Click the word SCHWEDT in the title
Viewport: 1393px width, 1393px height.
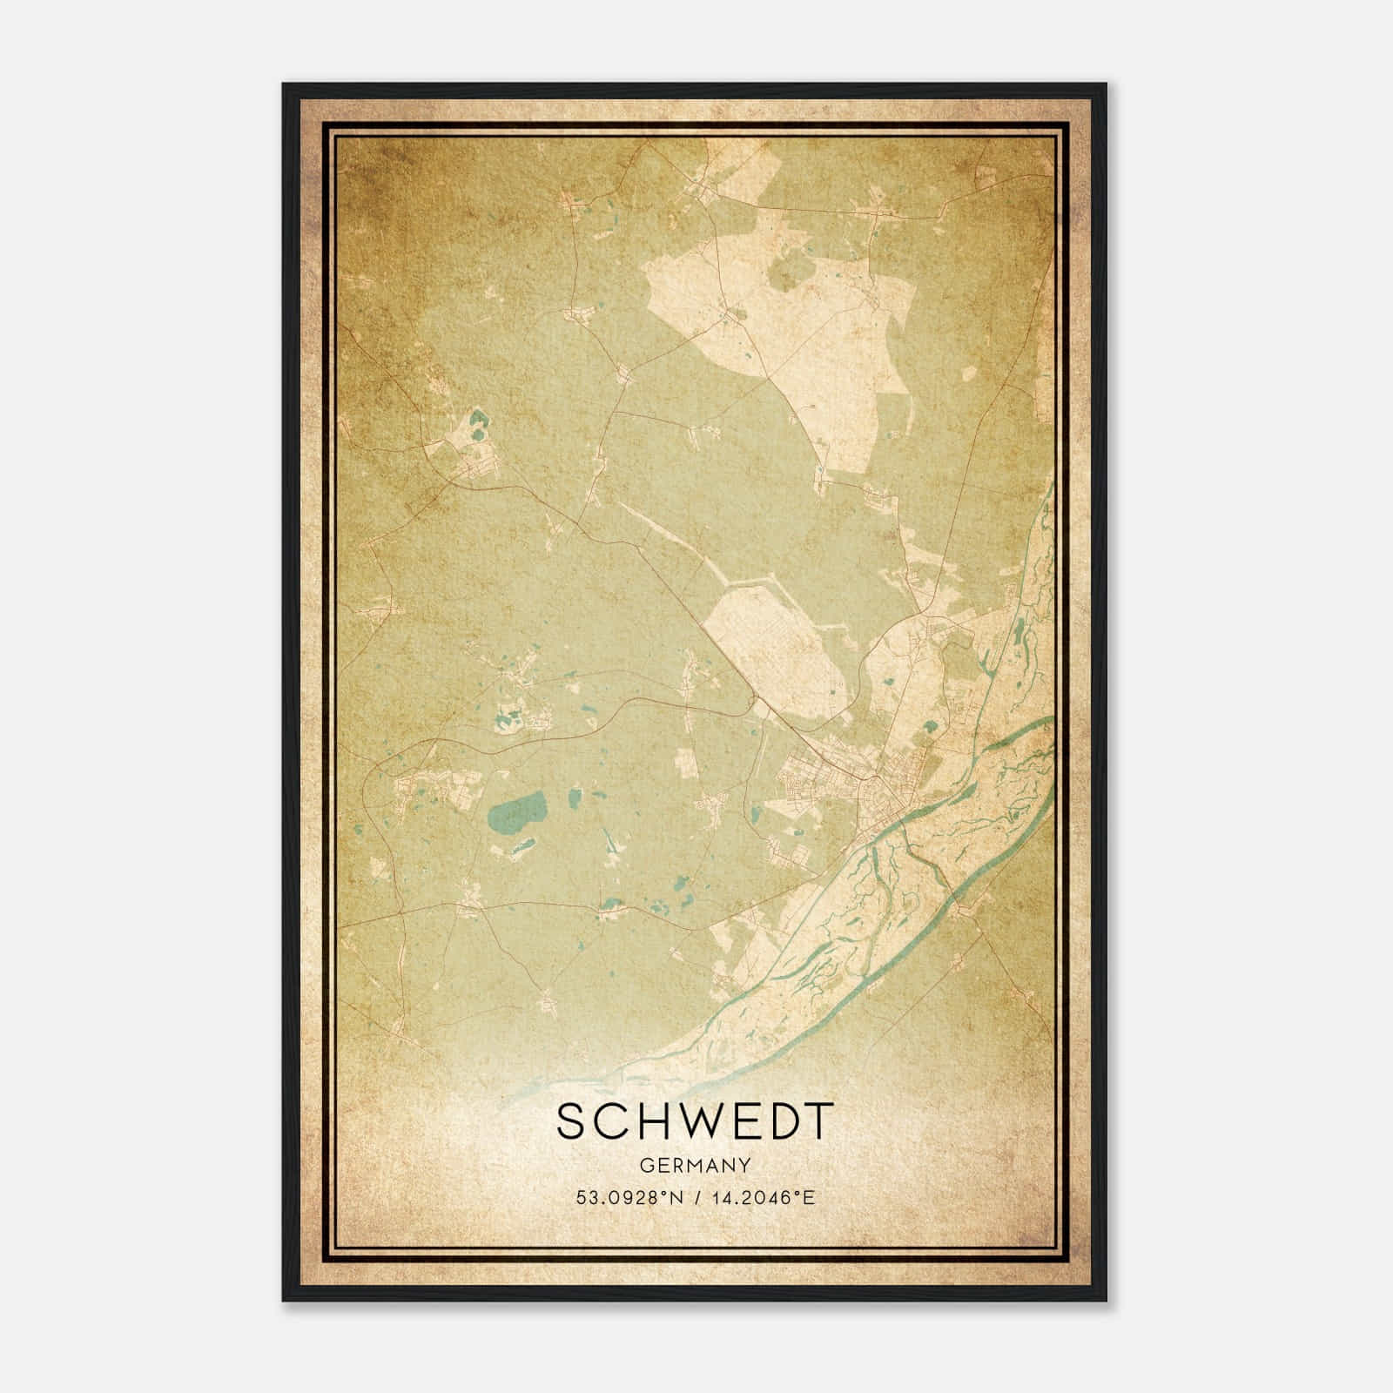(x=694, y=1122)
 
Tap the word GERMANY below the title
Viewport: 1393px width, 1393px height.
(x=694, y=1164)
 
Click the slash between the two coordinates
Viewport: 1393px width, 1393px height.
(x=695, y=1198)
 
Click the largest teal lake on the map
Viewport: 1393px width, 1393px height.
(x=514, y=813)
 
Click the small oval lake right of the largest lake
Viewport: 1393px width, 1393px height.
(x=575, y=796)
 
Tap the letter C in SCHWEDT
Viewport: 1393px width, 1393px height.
(x=609, y=1122)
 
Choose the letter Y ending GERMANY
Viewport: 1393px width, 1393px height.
(x=744, y=1164)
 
